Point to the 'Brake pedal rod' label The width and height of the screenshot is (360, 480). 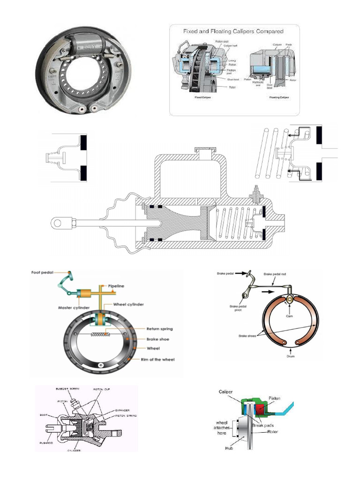point(276,273)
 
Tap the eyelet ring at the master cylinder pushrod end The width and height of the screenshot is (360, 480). point(59,222)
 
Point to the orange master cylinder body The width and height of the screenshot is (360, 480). point(87,294)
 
